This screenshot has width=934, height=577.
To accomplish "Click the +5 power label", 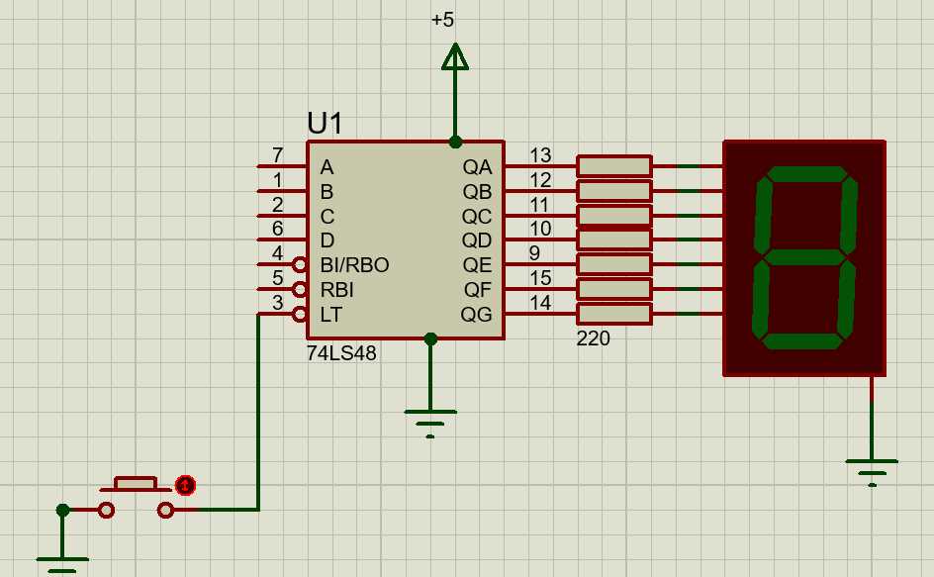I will (442, 20).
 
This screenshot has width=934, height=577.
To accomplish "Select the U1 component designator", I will (325, 123).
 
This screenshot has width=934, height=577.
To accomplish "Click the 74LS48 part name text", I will (341, 353).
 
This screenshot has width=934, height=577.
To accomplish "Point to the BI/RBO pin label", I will (354, 265).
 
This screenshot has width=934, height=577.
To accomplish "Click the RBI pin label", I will (336, 290).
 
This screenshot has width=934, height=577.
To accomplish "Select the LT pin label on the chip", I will (330, 315).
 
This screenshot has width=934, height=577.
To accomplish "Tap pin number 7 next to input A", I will (277, 155).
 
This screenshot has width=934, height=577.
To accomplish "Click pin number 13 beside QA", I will (539, 155).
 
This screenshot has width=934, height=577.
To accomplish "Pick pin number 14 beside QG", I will (539, 303).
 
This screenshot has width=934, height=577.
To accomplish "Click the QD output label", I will (477, 240).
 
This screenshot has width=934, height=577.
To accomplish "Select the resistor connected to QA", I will (613, 166).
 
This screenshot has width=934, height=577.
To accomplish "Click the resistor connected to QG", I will (613, 314).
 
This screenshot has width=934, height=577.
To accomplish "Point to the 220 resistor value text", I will (593, 339).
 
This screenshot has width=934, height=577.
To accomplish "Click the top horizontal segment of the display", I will (804, 174).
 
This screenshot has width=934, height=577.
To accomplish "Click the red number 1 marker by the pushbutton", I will (185, 485).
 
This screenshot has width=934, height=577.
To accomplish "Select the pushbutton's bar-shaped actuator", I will (135, 483).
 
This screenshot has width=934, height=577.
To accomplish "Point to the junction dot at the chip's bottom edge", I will (430, 339).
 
